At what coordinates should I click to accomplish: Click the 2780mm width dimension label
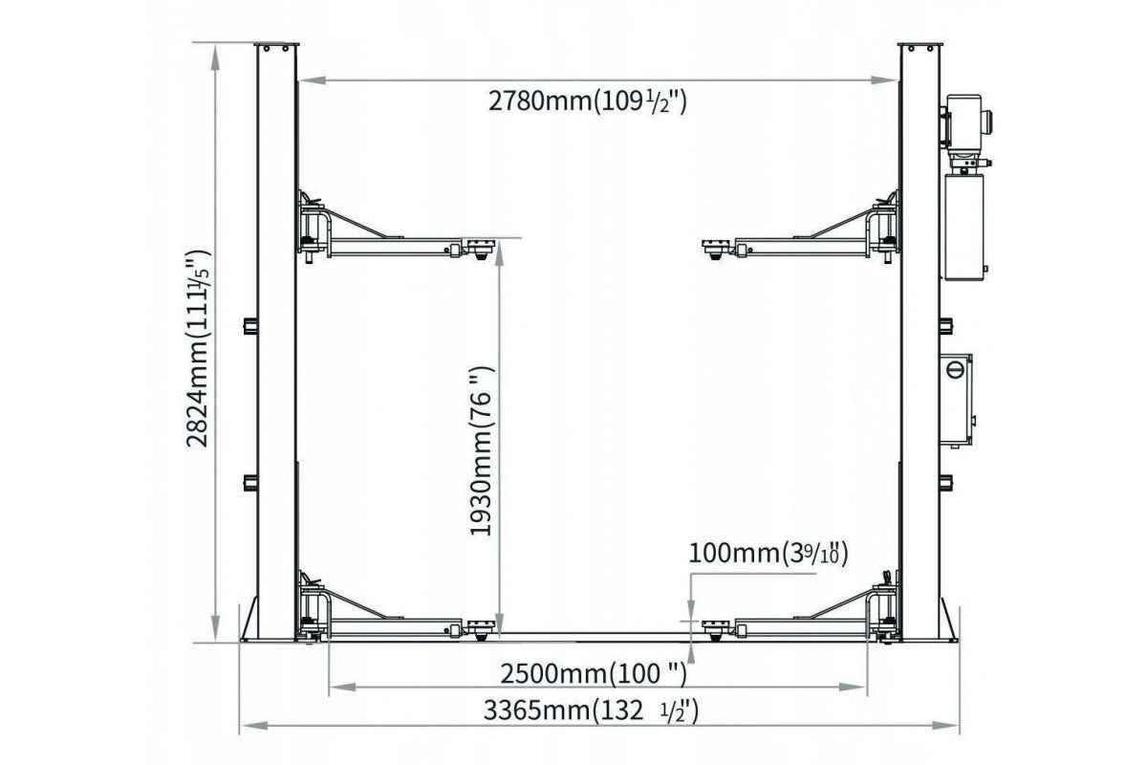(587, 101)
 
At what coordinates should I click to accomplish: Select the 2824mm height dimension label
(198, 348)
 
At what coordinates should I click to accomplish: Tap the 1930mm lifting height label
(480, 451)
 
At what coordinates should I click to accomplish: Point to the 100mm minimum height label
(768, 554)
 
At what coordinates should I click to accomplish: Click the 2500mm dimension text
(593, 674)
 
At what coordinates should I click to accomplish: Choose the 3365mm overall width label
(591, 711)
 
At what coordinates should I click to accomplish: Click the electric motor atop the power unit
(965, 120)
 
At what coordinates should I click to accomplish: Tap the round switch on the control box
(955, 369)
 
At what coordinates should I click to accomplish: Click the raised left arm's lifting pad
(480, 249)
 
